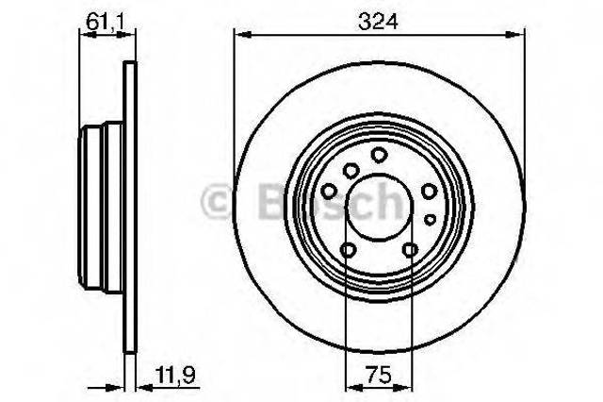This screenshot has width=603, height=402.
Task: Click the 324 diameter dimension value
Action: coord(378,22)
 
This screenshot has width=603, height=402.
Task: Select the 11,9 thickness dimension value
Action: coord(176,375)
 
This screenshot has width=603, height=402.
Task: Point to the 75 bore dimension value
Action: coord(379,375)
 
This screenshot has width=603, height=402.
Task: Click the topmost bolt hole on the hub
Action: coord(379,155)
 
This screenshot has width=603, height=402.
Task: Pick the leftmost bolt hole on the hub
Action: coord(329,191)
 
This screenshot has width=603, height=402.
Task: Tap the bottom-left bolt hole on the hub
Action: coord(348,250)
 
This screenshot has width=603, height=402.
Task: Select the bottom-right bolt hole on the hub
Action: coord(410,250)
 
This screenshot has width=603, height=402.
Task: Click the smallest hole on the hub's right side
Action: coord(430,220)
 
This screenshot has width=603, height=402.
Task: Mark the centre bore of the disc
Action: coord(379,208)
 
